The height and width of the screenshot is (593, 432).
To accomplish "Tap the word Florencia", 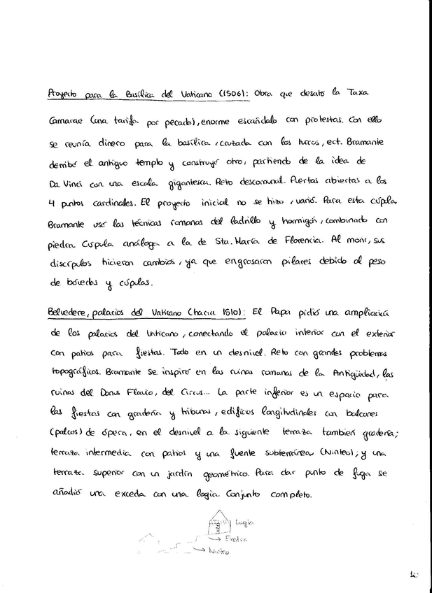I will coord(301,241).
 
